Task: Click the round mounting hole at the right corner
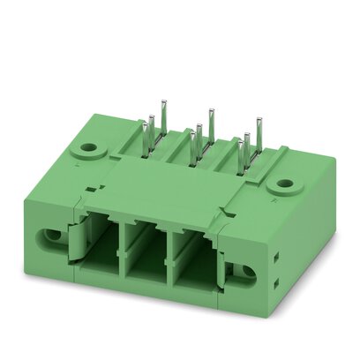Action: click(x=284, y=185)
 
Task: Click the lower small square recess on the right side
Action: click(x=278, y=284)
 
